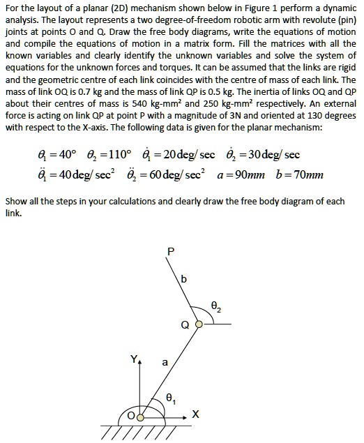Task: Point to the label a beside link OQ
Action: (165, 363)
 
